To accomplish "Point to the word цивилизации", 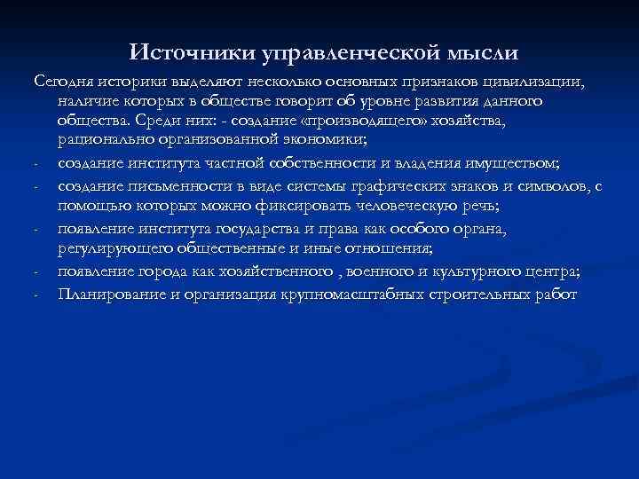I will coord(540,82).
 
